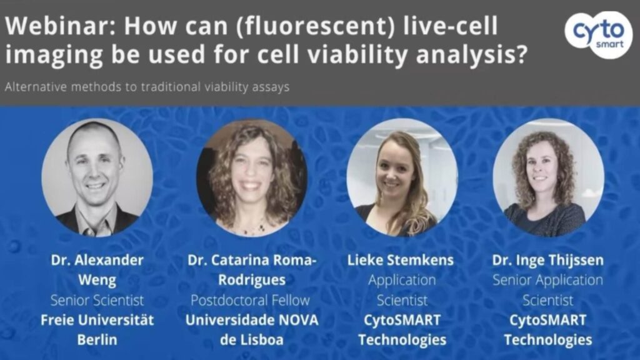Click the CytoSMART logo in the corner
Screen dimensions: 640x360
coord(599,34)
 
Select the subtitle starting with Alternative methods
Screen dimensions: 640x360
coord(147,87)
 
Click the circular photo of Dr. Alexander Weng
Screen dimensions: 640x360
coord(97,177)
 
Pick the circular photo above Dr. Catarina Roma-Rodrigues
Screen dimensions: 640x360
coord(252,177)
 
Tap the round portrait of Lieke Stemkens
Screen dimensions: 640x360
coord(402,177)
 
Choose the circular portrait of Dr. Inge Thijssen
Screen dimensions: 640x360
coord(548,177)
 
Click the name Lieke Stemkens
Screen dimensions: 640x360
coord(401,260)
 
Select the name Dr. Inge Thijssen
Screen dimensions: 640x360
coord(547,261)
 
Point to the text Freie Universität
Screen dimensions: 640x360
coord(97,320)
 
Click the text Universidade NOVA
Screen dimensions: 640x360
coord(252,320)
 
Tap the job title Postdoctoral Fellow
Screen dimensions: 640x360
coord(250,301)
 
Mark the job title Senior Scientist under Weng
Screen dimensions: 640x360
coord(97,301)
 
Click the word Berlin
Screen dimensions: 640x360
coord(97,339)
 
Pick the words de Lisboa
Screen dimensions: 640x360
coord(251,339)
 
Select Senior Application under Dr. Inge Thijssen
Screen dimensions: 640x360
coord(547,281)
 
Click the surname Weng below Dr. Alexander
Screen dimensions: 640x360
coord(97,281)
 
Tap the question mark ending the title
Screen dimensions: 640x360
coord(519,54)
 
